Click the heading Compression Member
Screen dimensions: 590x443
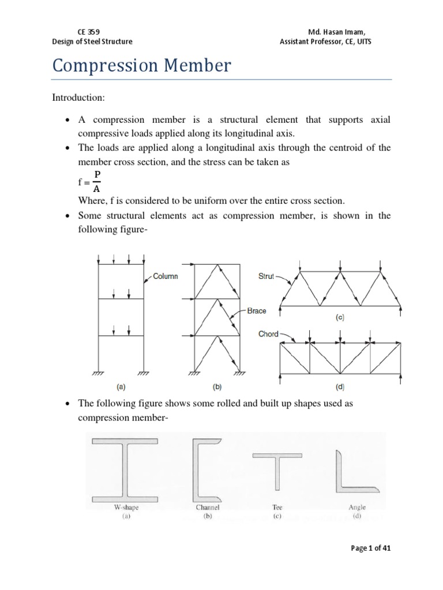coord(142,65)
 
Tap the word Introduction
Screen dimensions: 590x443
coord(78,99)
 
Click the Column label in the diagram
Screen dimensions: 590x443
coord(166,276)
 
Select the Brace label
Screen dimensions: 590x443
coord(257,311)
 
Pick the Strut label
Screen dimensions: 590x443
coord(266,277)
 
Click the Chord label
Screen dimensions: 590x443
coord(268,334)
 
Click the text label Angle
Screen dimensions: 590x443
coord(356,508)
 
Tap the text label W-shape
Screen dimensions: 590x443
coord(126,508)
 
